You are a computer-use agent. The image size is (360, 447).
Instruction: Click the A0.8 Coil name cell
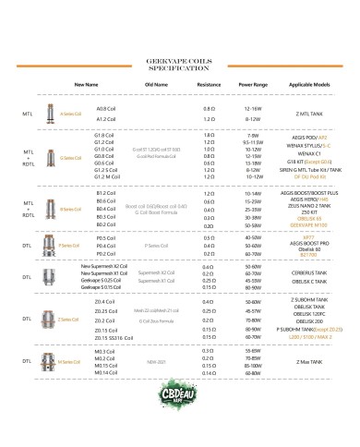click(x=103, y=109)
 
